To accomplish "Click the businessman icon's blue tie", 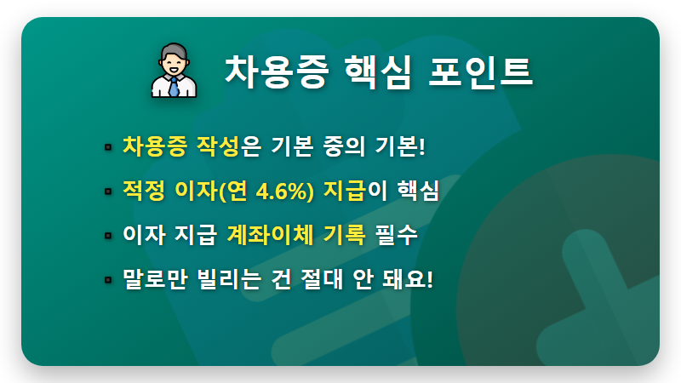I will [175, 86].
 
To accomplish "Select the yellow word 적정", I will [143, 191].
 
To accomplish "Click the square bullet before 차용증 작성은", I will [108, 147].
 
